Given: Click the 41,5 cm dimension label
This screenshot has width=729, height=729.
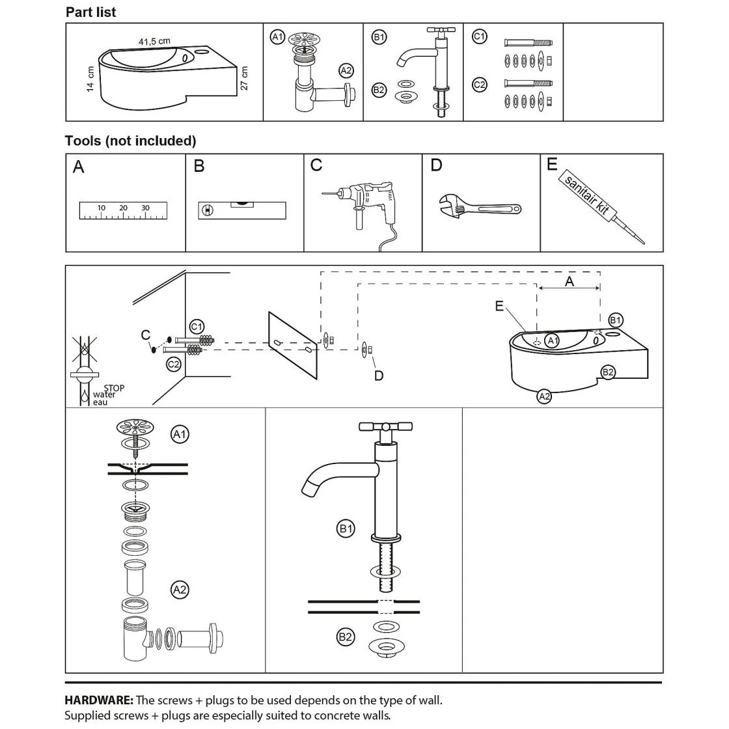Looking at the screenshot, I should [x=154, y=42].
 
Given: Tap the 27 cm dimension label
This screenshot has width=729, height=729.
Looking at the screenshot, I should [x=245, y=79].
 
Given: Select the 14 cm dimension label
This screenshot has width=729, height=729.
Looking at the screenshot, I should [x=90, y=79].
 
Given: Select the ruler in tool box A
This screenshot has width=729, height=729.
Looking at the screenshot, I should [x=123, y=210].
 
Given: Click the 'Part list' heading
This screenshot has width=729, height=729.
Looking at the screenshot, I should [x=91, y=12].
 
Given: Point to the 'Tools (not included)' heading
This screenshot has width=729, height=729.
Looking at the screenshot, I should [x=130, y=141].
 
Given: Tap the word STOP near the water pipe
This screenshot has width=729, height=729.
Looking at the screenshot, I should [x=114, y=388].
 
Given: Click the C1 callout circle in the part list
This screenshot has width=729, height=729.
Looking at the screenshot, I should [x=479, y=37].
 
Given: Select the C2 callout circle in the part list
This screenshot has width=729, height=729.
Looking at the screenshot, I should [x=479, y=85].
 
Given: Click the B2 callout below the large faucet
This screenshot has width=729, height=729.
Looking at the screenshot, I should [x=346, y=637].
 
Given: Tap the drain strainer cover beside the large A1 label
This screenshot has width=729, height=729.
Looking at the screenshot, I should [x=135, y=428].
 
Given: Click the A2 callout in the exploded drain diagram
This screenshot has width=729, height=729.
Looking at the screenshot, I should [x=180, y=590].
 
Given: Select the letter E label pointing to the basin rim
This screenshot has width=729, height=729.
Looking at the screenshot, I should [x=499, y=306].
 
